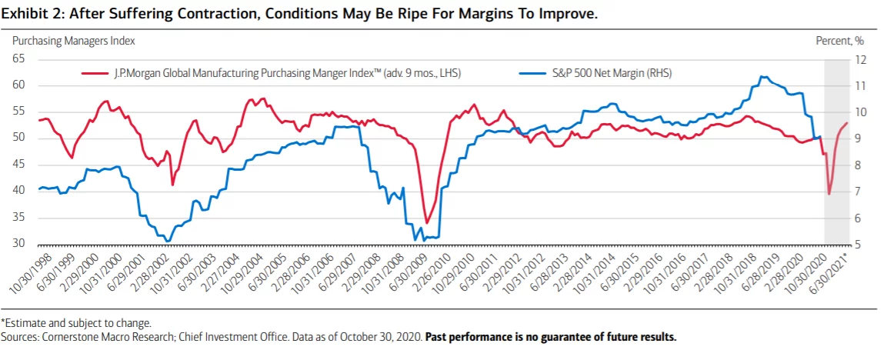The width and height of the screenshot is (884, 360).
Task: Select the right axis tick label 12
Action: (860, 59)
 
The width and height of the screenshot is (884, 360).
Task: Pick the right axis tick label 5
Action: (858, 245)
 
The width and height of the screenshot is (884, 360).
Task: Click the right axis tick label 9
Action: (858, 138)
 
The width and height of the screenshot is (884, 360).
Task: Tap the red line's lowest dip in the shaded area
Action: (829, 194)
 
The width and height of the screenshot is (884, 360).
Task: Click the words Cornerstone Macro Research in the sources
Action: (82, 338)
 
